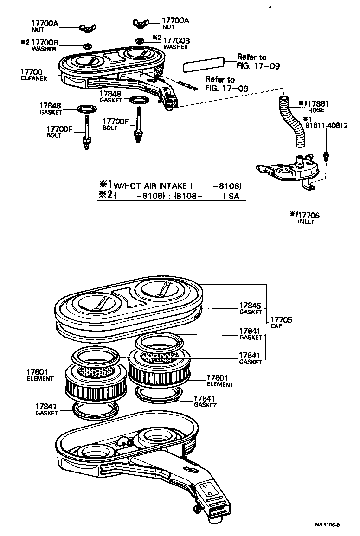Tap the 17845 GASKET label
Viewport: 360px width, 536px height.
coord(251,309)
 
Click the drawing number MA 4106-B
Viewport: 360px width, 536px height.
coord(327,525)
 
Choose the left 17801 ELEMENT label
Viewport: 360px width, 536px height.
coord(40,375)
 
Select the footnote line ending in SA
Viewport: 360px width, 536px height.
coord(172,196)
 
